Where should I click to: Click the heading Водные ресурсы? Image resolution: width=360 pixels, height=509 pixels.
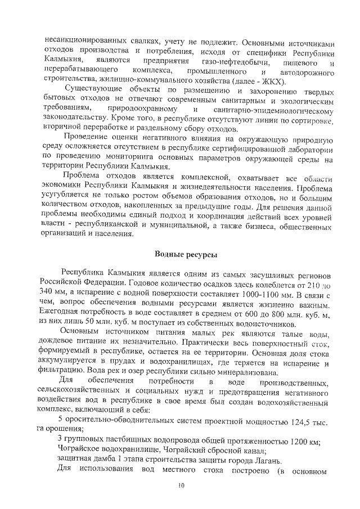pyautogui.click(x=186, y=255)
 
